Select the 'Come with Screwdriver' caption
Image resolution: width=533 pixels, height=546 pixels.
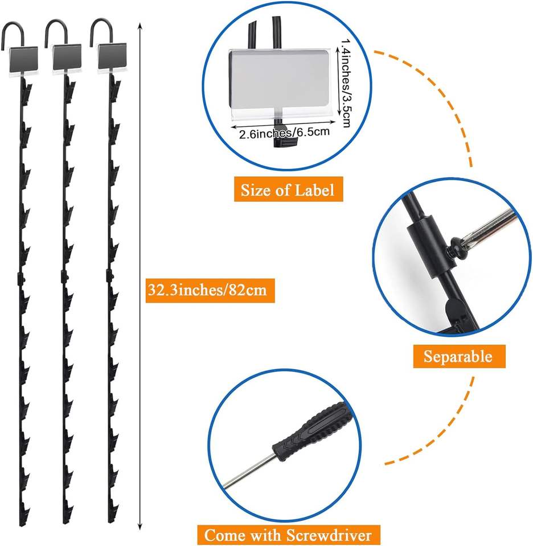288,534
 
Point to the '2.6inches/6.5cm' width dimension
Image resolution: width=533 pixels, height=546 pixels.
284,133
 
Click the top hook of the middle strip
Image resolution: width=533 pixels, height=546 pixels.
56,31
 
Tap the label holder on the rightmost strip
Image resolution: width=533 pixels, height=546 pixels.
110,58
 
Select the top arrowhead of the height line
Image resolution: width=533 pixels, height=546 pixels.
140,26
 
